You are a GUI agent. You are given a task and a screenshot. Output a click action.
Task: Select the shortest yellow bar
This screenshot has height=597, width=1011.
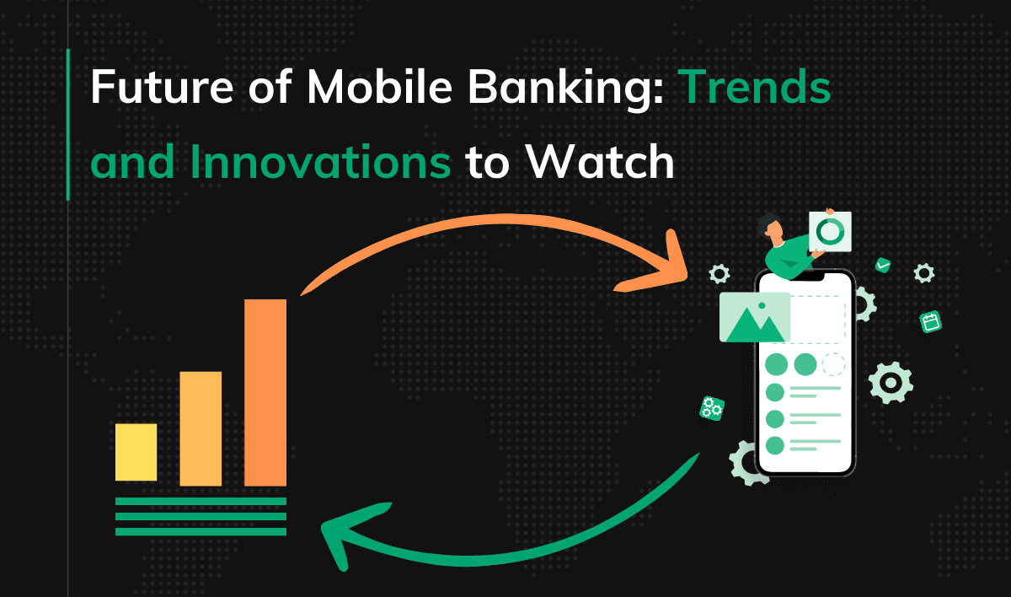click(x=136, y=452)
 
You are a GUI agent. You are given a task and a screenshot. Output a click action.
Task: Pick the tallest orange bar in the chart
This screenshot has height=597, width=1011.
click(x=265, y=392)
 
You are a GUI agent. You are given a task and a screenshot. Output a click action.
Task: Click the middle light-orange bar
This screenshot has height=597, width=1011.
click(x=201, y=428)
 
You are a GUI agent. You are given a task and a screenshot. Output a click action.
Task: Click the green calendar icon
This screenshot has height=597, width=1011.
click(x=930, y=321)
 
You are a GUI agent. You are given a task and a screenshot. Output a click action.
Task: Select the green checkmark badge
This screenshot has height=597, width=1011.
click(x=882, y=265)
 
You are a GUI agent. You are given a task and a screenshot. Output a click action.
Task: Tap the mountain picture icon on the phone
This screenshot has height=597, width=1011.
click(x=754, y=317)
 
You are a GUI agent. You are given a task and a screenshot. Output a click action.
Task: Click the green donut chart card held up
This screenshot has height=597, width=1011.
click(x=830, y=231)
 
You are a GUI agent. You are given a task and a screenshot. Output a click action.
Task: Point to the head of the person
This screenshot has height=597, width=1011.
click(x=769, y=225)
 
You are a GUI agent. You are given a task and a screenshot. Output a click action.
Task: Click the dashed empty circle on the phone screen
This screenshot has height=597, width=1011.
click(x=833, y=364)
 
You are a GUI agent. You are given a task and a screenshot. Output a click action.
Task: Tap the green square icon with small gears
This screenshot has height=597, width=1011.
click(x=712, y=408)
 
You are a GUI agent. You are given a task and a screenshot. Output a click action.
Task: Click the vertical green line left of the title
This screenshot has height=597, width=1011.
click(x=67, y=124)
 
